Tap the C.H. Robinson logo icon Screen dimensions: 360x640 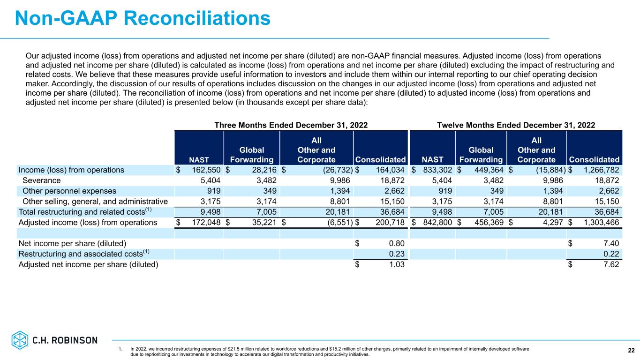pos(20,340)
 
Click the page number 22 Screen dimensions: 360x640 pos(631,351)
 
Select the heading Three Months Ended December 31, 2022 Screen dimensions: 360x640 pos(291,125)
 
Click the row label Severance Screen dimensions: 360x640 pos(41,180)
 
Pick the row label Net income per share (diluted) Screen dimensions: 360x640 pos(72,243)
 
